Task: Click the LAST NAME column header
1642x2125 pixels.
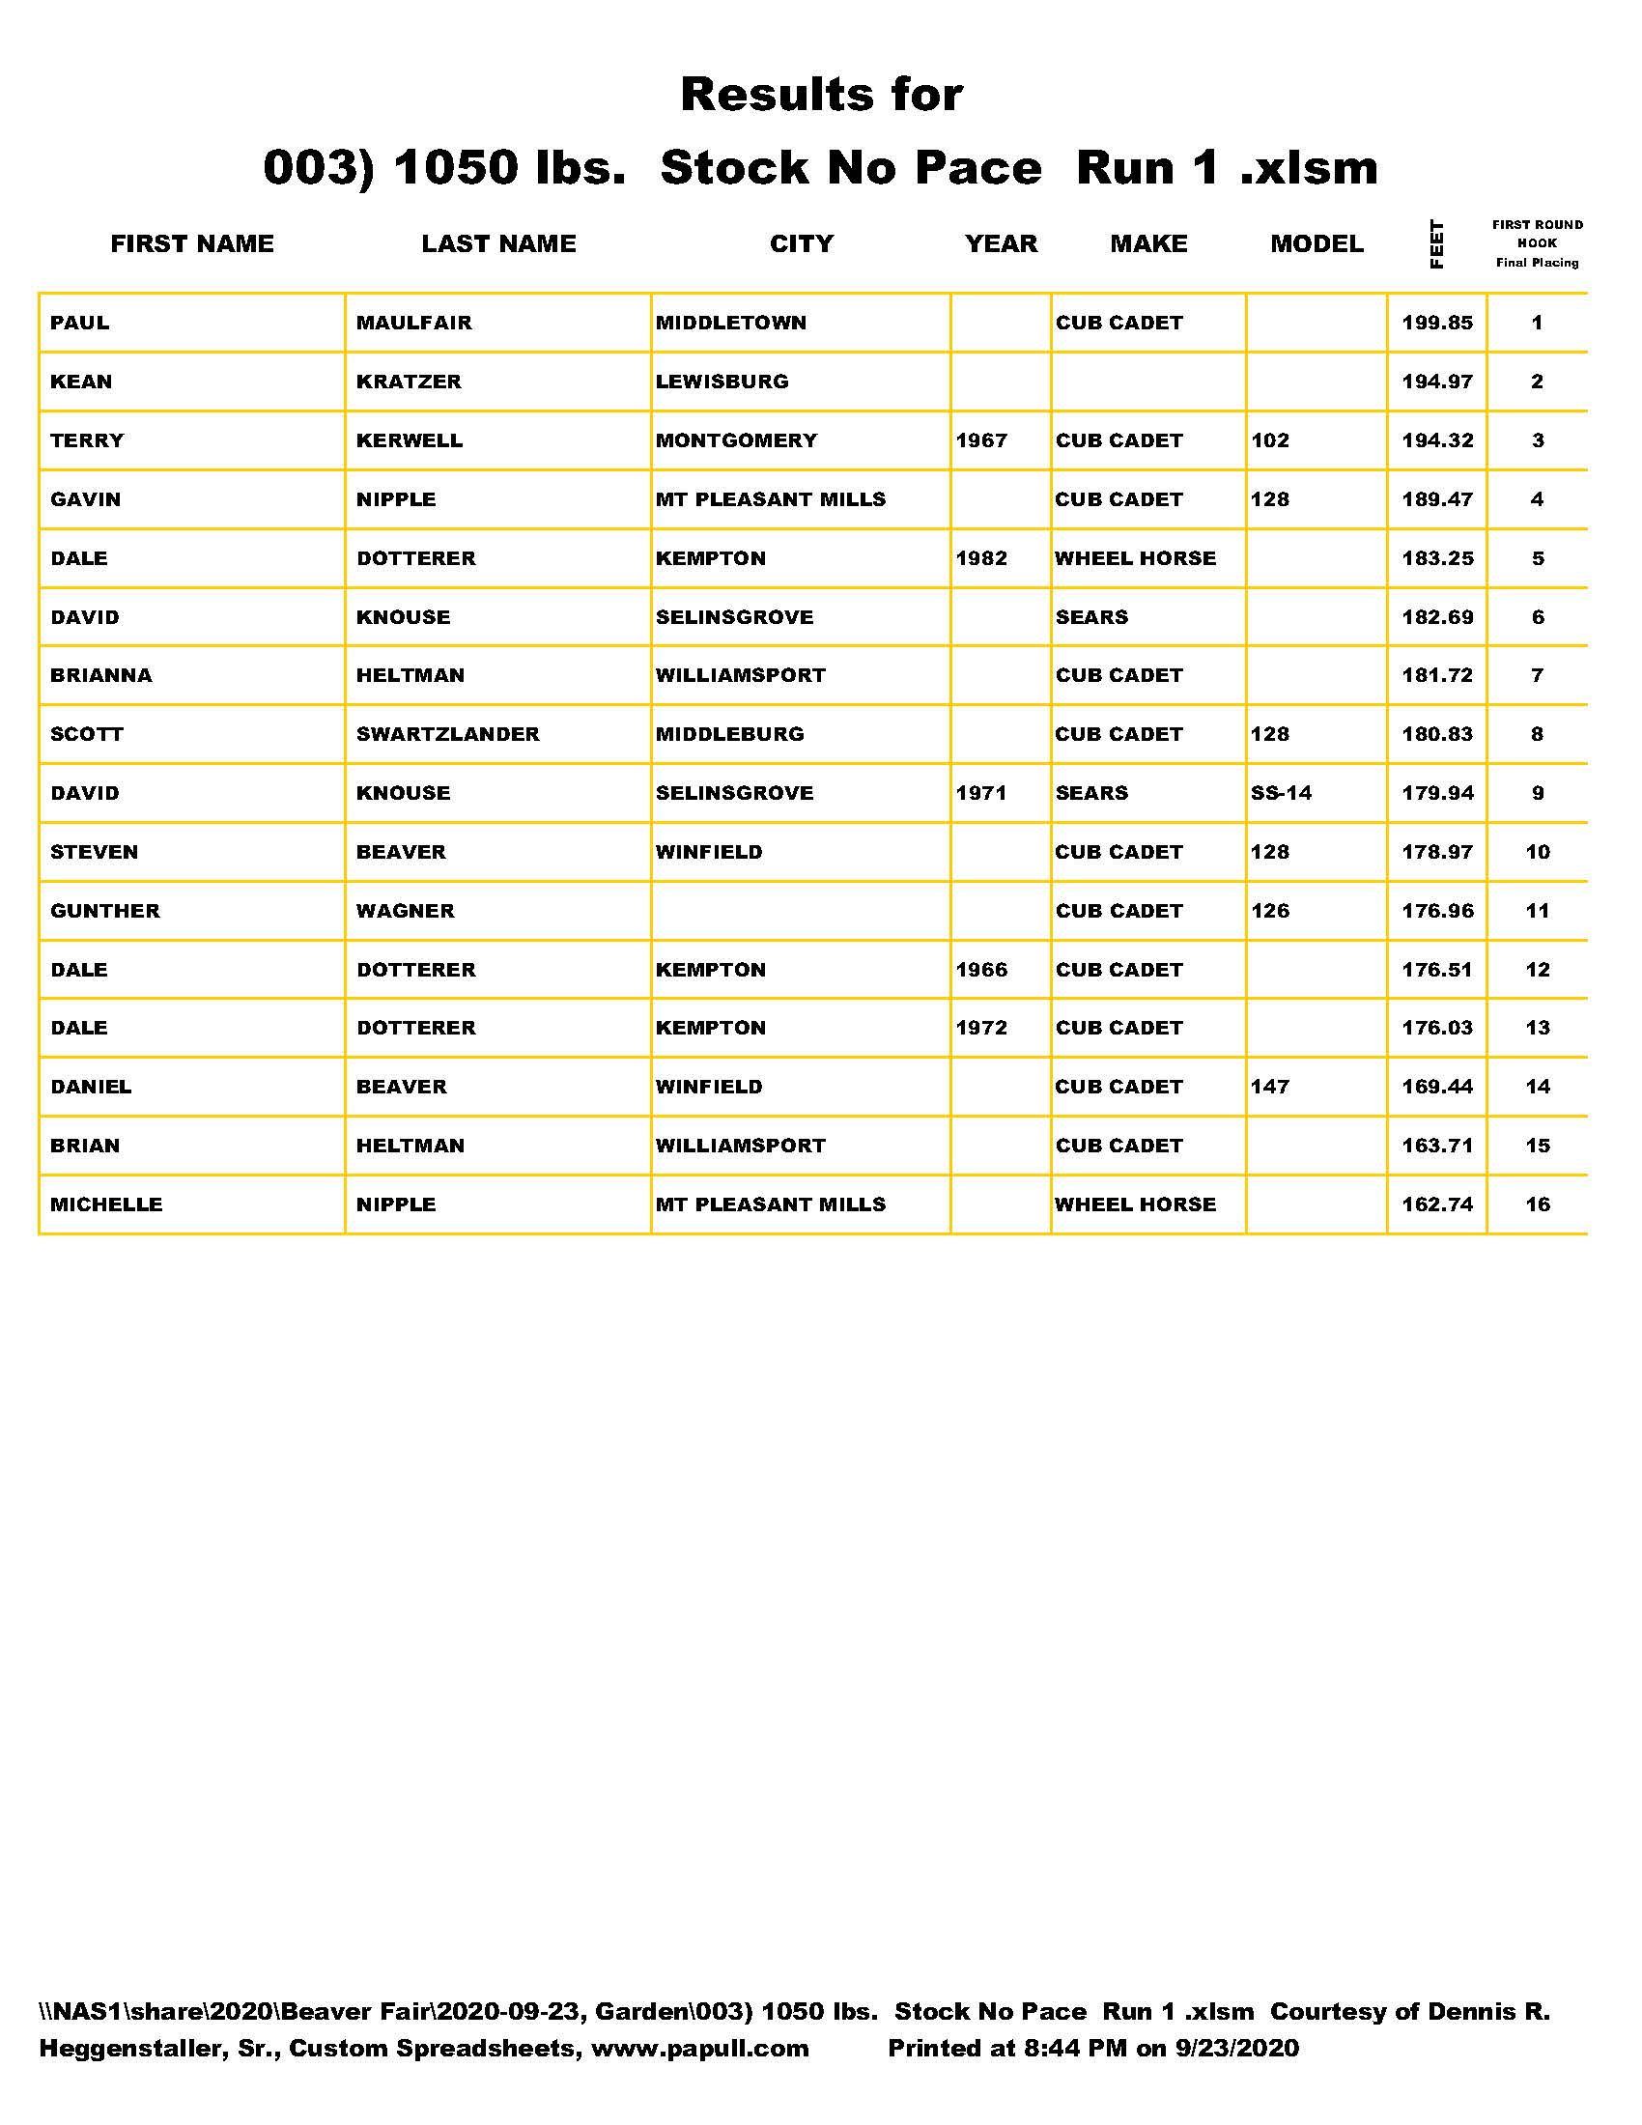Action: click(498, 243)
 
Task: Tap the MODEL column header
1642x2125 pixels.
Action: click(1316, 243)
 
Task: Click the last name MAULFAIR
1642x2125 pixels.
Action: click(413, 323)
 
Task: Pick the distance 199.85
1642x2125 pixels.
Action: click(1437, 323)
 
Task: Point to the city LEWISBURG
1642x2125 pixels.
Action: click(722, 382)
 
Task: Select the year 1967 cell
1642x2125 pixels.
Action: click(981, 440)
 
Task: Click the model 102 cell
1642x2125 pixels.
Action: click(1270, 440)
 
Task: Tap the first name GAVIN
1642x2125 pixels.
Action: click(86, 499)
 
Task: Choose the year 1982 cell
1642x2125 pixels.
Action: click(981, 558)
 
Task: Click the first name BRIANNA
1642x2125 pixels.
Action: click(101, 675)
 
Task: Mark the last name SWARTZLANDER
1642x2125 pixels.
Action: click(447, 735)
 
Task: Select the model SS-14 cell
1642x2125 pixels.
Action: click(1281, 793)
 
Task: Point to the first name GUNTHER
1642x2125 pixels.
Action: click(105, 911)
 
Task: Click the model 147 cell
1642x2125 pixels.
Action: click(1270, 1087)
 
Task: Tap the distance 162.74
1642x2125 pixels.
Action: click(1437, 1204)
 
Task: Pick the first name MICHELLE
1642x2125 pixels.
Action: click(106, 1204)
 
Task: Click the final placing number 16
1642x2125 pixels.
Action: click(1537, 1204)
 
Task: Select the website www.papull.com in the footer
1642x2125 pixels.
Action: click(699, 2048)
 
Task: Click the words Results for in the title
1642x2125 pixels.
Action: click(821, 95)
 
